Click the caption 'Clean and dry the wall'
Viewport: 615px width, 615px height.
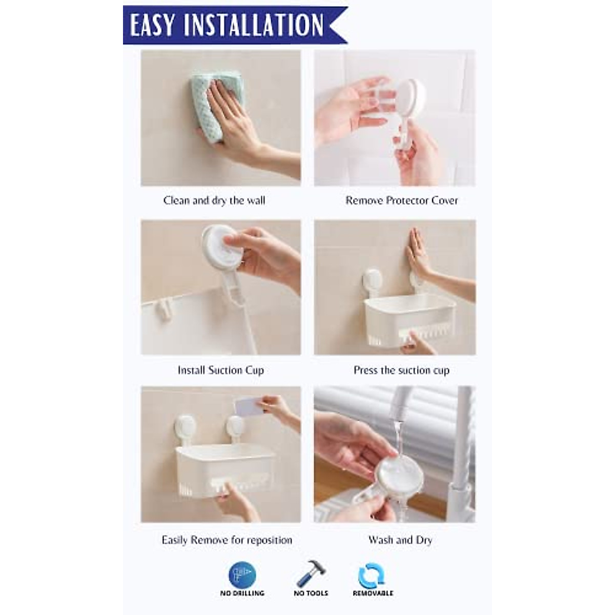pos(214,200)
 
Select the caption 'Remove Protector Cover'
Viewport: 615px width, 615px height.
pos(401,200)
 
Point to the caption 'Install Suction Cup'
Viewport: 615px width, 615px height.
pos(220,370)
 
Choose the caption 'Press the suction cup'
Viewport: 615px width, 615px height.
pos(401,370)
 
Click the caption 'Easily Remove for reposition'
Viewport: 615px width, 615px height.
pos(227,540)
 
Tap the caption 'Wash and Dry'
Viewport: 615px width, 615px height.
pos(400,540)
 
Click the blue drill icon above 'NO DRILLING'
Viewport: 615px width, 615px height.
pos(242,575)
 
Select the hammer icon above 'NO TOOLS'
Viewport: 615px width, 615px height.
pos(311,574)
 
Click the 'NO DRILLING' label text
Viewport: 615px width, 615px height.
pos(242,593)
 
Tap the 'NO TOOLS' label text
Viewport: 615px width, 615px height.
pos(311,593)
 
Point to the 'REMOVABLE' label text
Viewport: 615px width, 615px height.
pos(373,593)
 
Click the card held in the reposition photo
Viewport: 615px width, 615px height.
pos(248,407)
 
